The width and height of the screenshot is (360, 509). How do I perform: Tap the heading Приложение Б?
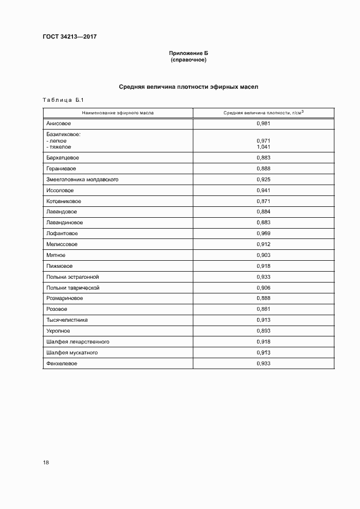(188, 53)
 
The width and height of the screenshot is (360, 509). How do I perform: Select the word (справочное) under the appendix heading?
(188, 60)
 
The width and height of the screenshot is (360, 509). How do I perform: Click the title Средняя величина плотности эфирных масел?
(188, 87)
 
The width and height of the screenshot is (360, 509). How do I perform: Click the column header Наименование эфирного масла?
(118, 113)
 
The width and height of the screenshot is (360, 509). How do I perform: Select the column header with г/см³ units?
(263, 113)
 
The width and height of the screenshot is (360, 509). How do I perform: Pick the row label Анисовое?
(59, 124)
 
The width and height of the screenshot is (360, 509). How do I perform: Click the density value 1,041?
(263, 147)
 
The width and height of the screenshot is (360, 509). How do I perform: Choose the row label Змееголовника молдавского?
(83, 179)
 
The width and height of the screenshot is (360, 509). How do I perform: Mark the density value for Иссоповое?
(263, 190)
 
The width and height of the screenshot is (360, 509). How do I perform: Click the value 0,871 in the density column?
(263, 201)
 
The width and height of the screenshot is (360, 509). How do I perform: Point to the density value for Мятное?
(263, 255)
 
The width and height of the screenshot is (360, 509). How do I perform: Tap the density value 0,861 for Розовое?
(263, 309)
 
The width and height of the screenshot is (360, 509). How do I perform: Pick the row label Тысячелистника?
(67, 320)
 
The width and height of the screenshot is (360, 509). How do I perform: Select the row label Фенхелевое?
(62, 363)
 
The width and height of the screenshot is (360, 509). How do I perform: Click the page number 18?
(46, 463)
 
